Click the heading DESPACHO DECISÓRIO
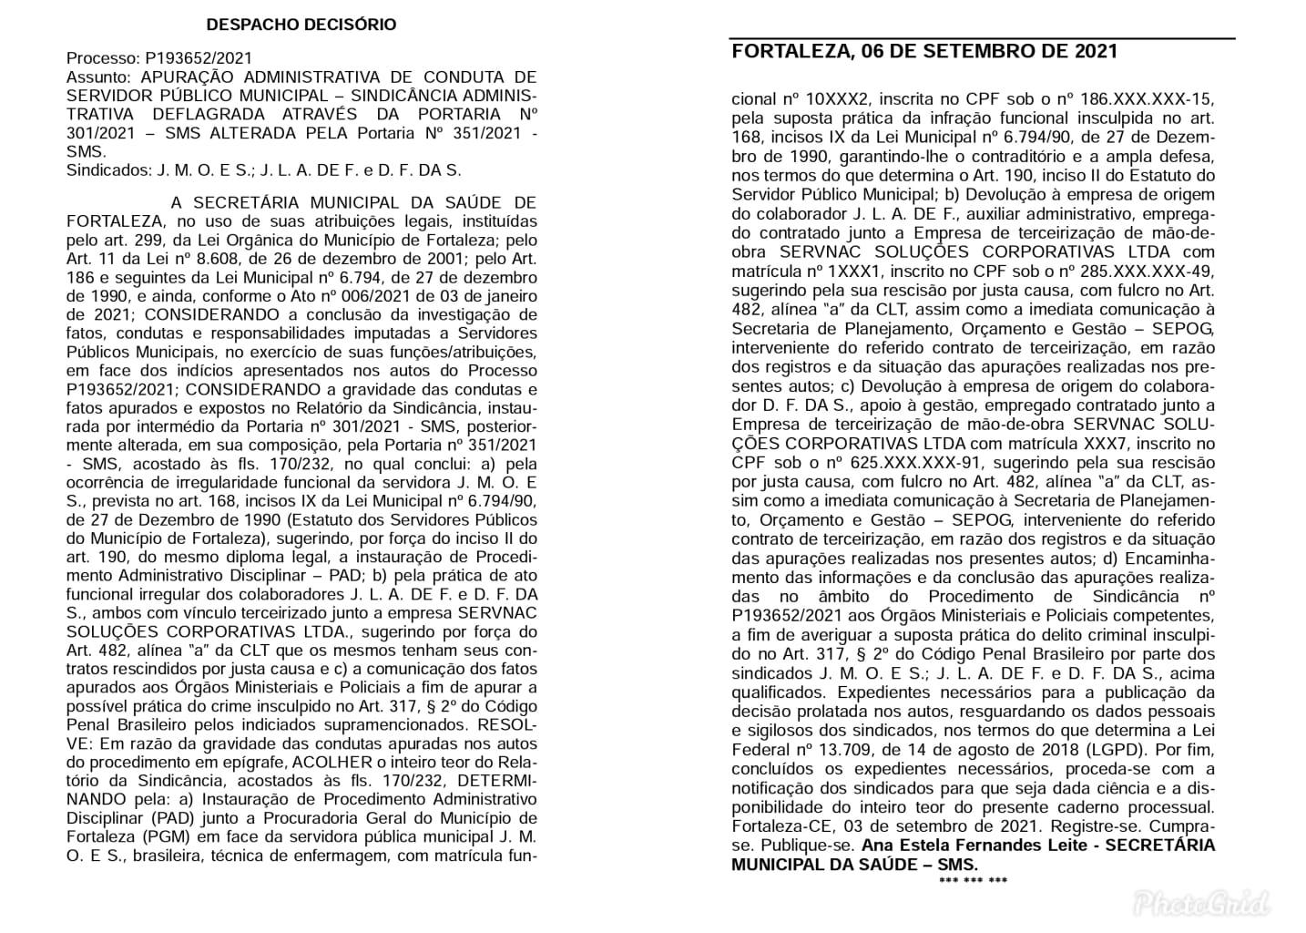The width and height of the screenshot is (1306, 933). point(301,25)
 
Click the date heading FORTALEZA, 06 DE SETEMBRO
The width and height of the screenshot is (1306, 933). point(924,51)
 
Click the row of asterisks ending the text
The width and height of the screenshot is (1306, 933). point(973,881)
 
